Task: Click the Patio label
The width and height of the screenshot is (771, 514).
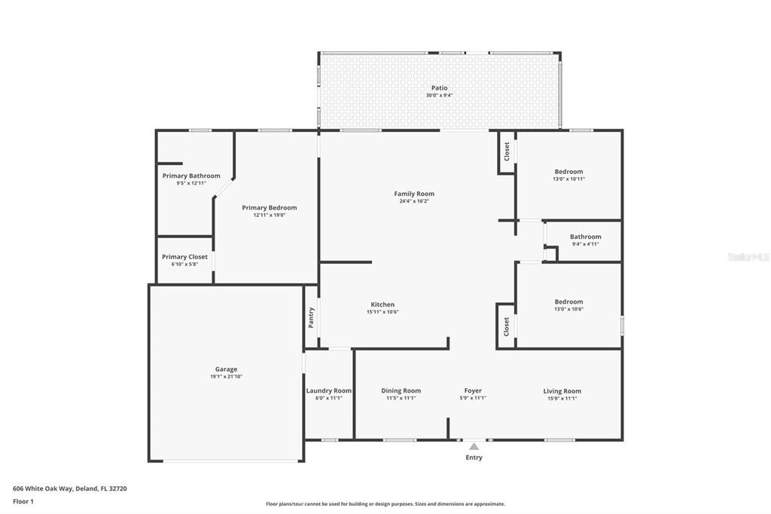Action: point(439,88)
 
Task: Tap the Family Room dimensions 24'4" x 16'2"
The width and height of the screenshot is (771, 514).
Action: point(414,201)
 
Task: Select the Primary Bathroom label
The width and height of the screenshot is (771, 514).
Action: point(191,176)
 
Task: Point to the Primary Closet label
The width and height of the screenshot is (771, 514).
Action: point(184,257)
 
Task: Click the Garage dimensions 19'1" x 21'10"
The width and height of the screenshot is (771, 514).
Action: point(226,377)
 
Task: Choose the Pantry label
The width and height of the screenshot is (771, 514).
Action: point(311,317)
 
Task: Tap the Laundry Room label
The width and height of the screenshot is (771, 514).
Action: point(329,390)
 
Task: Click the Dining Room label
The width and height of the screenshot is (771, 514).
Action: point(401,390)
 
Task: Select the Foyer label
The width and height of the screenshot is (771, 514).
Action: point(473,390)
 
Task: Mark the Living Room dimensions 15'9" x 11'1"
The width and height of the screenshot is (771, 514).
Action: point(562,398)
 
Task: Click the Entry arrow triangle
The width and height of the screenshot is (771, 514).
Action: point(474,447)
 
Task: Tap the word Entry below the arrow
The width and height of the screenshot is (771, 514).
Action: point(474,457)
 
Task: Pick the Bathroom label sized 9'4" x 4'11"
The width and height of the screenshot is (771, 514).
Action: point(585,237)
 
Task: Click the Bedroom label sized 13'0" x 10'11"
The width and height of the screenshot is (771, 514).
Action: point(568,172)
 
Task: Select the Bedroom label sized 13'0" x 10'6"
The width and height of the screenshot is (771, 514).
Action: point(568,301)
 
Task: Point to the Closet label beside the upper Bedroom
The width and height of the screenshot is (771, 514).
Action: point(507,151)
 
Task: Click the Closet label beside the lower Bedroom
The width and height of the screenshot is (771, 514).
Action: point(507,326)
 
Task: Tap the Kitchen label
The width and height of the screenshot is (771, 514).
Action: point(382,304)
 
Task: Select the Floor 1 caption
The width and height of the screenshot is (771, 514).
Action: point(24,501)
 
